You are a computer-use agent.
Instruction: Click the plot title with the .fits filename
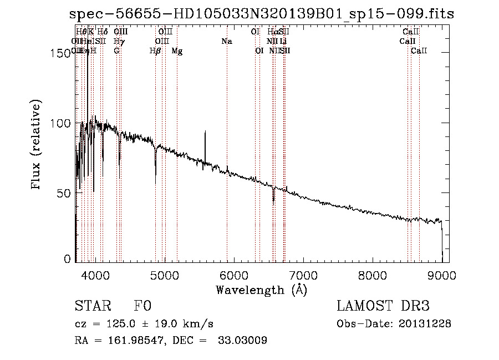(x=262, y=14)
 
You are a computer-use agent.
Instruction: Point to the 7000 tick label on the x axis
(x=303, y=275)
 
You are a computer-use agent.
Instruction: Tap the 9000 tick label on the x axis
(x=442, y=275)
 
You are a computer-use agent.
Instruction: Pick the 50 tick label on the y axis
(x=64, y=192)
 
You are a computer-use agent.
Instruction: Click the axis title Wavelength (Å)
(x=261, y=290)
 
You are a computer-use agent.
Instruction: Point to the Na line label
(x=226, y=41)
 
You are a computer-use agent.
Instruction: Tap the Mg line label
(x=177, y=51)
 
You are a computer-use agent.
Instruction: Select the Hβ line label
(x=155, y=51)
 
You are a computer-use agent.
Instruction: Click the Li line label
(x=283, y=41)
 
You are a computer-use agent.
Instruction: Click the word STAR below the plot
(x=92, y=306)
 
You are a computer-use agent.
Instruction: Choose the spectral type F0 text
(x=142, y=306)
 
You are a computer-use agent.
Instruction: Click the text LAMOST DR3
(x=383, y=306)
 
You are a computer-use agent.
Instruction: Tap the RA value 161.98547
(x=129, y=341)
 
